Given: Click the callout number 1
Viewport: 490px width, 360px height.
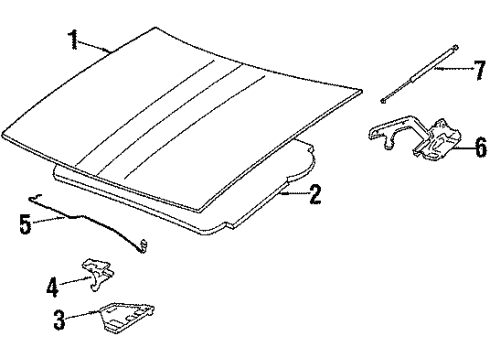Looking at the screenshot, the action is pos(71,40).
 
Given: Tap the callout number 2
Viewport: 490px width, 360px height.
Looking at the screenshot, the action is pos(316,195).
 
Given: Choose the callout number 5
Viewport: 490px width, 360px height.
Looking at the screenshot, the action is pos(25,224).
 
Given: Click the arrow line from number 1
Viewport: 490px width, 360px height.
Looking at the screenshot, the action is pos(94,46).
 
